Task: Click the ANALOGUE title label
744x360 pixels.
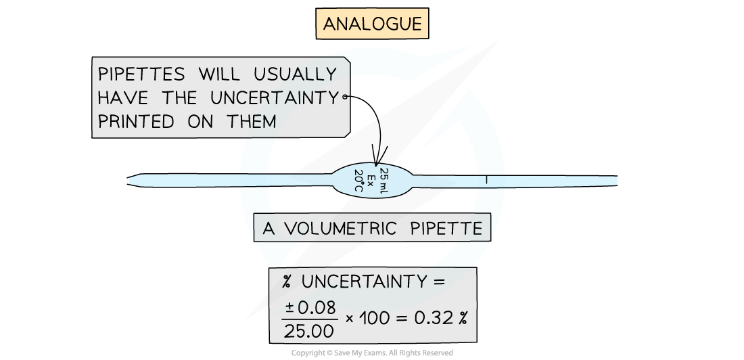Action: coord(372,25)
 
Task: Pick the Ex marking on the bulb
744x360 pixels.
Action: coord(371,181)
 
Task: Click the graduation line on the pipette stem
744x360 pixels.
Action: coord(486,181)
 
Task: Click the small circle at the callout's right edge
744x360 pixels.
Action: coord(346,97)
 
